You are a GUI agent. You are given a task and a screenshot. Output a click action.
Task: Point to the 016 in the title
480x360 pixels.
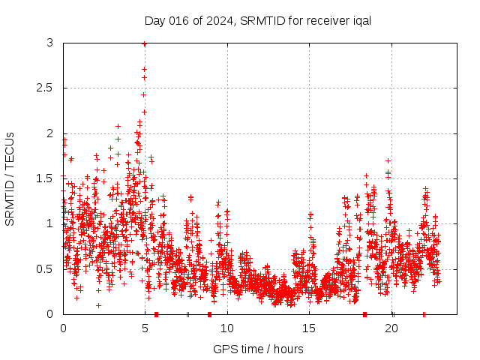coord(184,20)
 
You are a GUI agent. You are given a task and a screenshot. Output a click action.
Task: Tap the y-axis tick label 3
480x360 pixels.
coord(49,43)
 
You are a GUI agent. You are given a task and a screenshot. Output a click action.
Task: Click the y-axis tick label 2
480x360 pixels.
coord(49,133)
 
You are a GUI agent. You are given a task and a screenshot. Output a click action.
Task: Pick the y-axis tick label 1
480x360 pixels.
coord(49,223)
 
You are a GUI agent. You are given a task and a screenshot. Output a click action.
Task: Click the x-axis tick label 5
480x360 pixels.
coord(145,328)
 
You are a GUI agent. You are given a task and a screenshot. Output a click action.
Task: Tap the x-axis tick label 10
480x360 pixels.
coord(227,328)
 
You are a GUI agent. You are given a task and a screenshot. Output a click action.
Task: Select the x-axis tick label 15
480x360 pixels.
coord(310,328)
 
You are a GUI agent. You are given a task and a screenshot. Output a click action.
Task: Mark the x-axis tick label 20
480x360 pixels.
coord(391,328)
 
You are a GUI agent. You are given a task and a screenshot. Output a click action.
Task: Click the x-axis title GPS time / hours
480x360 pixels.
coord(258,349)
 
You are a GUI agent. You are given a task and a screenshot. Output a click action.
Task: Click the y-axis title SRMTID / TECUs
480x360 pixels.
coord(10,178)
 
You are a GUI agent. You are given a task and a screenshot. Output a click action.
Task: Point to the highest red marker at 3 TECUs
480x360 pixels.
coord(144,44)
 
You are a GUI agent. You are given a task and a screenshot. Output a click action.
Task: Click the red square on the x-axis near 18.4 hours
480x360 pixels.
coord(364,313)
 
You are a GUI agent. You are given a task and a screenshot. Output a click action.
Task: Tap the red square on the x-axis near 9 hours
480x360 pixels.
coord(209,313)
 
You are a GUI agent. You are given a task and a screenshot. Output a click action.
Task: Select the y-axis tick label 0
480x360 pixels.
coord(49,313)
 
